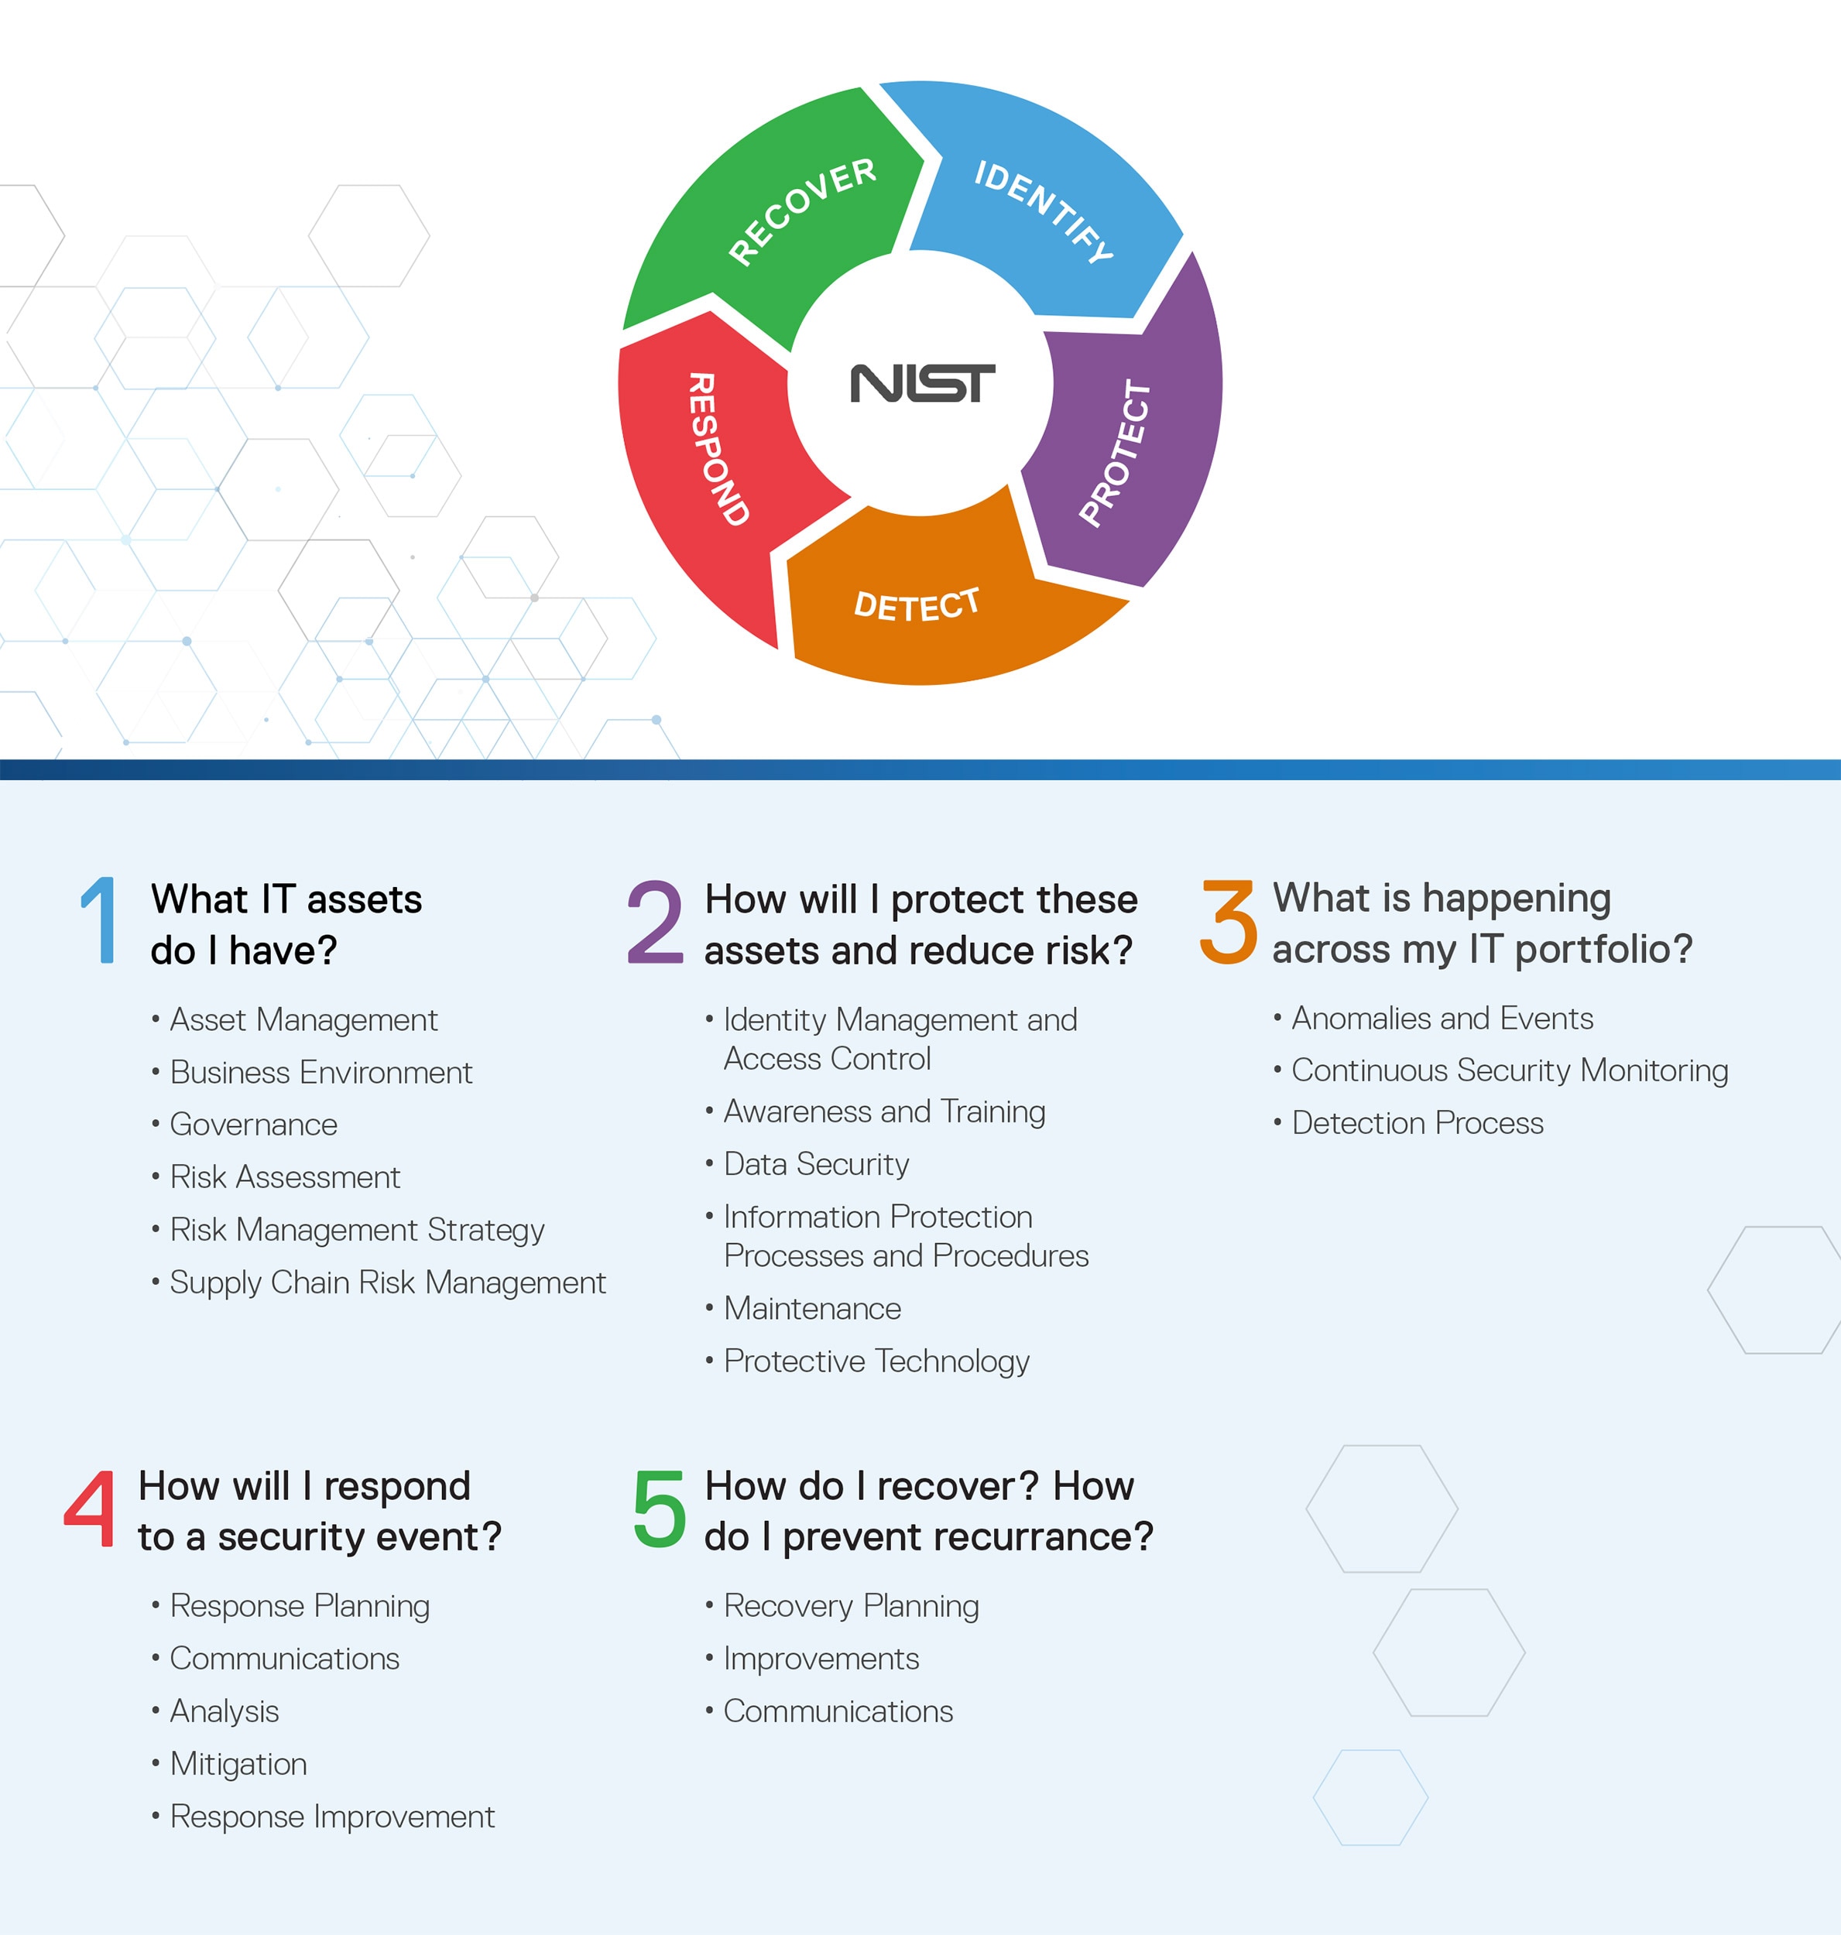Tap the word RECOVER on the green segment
click(802, 211)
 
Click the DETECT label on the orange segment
click(917, 604)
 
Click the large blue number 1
click(99, 920)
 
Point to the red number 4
click(89, 1509)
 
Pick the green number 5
click(660, 1509)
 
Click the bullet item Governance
click(253, 1125)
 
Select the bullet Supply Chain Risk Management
click(388, 1283)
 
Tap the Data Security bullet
click(815, 1164)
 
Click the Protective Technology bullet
click(876, 1361)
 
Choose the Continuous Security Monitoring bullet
click(1510, 1070)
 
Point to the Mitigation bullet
click(238, 1764)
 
